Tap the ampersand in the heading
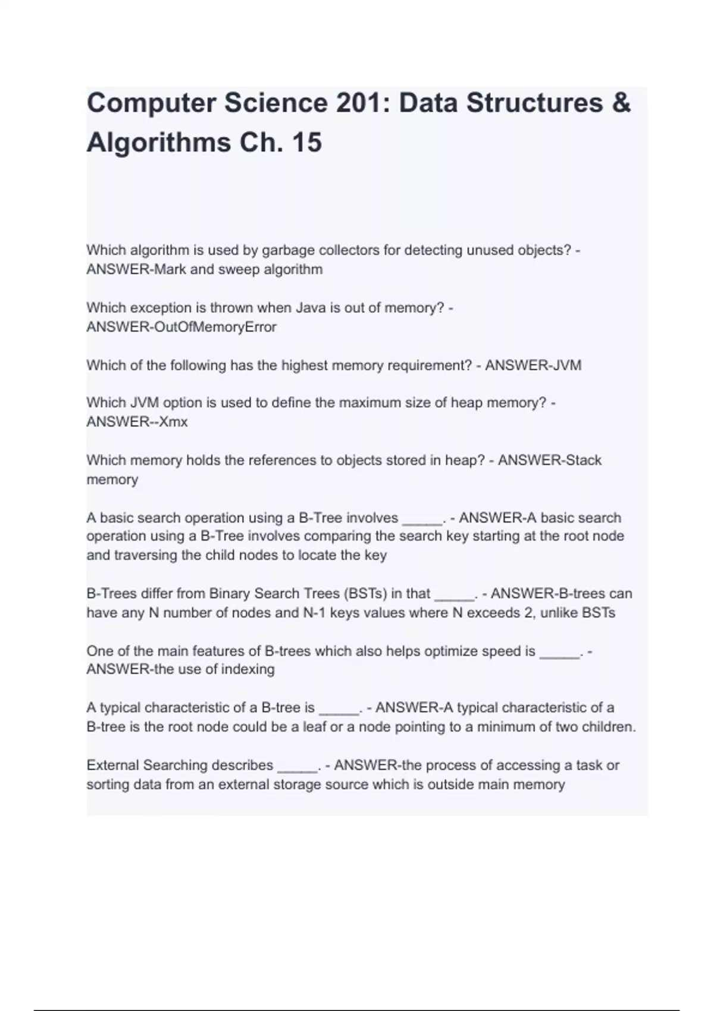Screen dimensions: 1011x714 coord(621,103)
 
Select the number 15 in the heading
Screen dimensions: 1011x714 coord(306,143)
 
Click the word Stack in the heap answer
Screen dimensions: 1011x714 coord(583,460)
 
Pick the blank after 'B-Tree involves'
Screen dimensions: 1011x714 coord(422,518)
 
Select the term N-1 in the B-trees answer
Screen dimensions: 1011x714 coord(314,613)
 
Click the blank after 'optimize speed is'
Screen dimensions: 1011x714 coord(559,651)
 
